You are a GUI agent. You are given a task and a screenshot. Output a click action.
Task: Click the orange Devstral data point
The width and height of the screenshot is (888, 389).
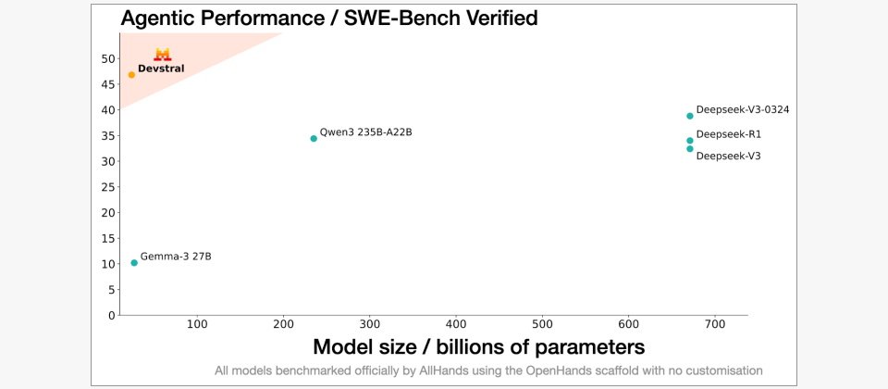pos(131,75)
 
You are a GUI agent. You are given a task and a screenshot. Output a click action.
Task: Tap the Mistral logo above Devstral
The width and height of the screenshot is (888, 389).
pos(163,55)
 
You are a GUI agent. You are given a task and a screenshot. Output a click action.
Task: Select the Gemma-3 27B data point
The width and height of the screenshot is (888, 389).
pos(134,263)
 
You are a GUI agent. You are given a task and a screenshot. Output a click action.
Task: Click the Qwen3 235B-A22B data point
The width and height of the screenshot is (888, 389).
pos(314,139)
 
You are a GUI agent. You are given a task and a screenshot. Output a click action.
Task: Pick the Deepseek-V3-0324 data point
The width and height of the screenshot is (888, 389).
pos(690,116)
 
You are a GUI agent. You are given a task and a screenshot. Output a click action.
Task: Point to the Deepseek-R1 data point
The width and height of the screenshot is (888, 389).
pos(690,141)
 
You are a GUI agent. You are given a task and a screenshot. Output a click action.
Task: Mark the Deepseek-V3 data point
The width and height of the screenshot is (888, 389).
pos(690,149)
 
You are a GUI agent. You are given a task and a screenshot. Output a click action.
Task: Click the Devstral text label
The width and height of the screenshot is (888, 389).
pos(161,69)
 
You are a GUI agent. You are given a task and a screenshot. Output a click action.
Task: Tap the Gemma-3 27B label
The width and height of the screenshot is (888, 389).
pos(176,256)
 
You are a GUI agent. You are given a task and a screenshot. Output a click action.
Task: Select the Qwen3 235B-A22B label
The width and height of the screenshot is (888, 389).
pos(365,132)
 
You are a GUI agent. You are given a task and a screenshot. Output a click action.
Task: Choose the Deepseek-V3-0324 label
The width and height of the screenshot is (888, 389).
pos(742,109)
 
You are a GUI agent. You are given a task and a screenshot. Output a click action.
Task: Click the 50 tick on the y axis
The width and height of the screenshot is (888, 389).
pos(107,58)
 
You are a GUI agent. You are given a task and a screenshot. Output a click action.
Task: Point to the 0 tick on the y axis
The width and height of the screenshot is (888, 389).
pos(111,316)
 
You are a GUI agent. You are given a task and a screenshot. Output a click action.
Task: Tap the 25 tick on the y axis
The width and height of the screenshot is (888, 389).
pos(107,187)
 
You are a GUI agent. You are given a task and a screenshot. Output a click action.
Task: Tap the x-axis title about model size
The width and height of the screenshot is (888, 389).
pos(478,347)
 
